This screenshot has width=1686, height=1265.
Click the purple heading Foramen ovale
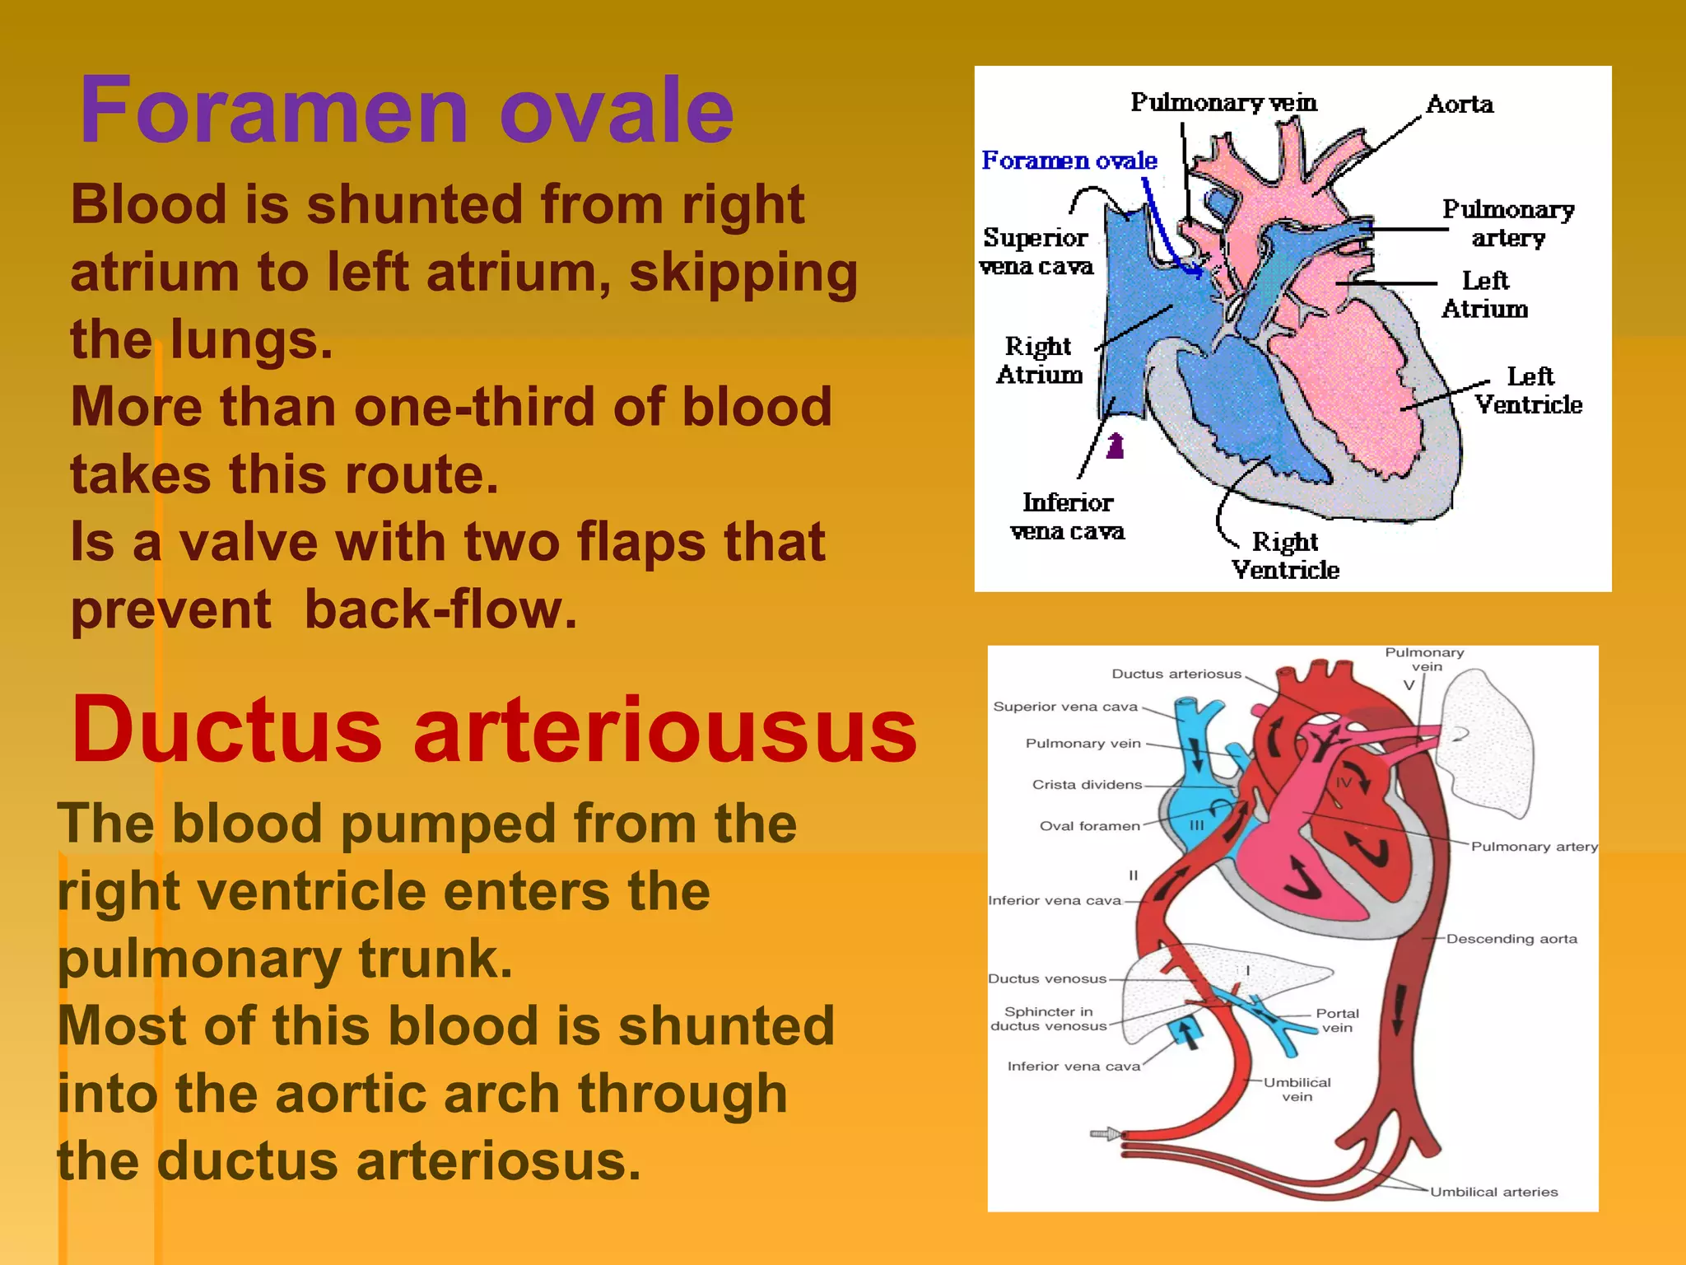coord(406,111)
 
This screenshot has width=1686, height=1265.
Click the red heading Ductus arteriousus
coord(494,731)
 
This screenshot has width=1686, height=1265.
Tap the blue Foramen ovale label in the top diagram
coord(1069,160)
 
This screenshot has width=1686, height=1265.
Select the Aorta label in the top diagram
coord(1460,105)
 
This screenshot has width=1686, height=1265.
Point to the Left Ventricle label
coord(1529,390)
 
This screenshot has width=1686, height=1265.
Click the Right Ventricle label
coord(1285,556)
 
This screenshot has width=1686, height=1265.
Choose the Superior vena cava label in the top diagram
coord(1036,251)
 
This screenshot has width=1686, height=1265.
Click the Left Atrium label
coord(1485,295)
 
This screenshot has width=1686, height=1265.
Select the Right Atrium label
coord(1039,360)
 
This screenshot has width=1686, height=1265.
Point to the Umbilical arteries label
coord(1493,1192)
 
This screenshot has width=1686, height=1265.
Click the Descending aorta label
coord(1511,939)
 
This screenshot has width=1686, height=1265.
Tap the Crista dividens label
coord(1087,785)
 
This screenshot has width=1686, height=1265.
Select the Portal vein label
coord(1337,1020)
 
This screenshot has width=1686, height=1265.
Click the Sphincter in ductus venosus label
coord(1048,1019)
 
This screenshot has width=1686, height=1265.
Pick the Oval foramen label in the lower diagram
coord(1089,826)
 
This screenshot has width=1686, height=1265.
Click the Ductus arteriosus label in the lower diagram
coord(1176,674)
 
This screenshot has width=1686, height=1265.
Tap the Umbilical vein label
coord(1297,1089)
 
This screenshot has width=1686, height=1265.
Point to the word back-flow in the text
coord(440,609)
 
